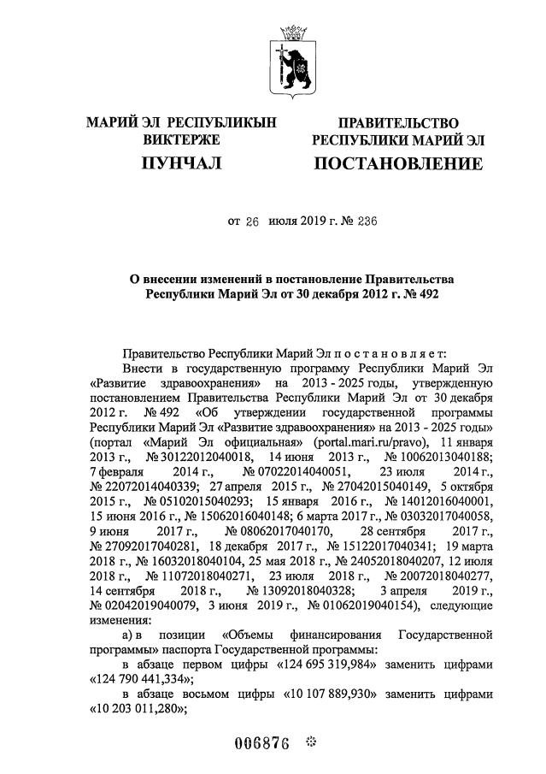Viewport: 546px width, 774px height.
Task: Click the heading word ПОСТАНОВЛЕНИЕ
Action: (398, 162)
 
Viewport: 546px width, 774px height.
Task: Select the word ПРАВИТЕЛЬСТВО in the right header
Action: (398, 124)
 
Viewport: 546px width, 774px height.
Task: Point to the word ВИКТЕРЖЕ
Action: (181, 139)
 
